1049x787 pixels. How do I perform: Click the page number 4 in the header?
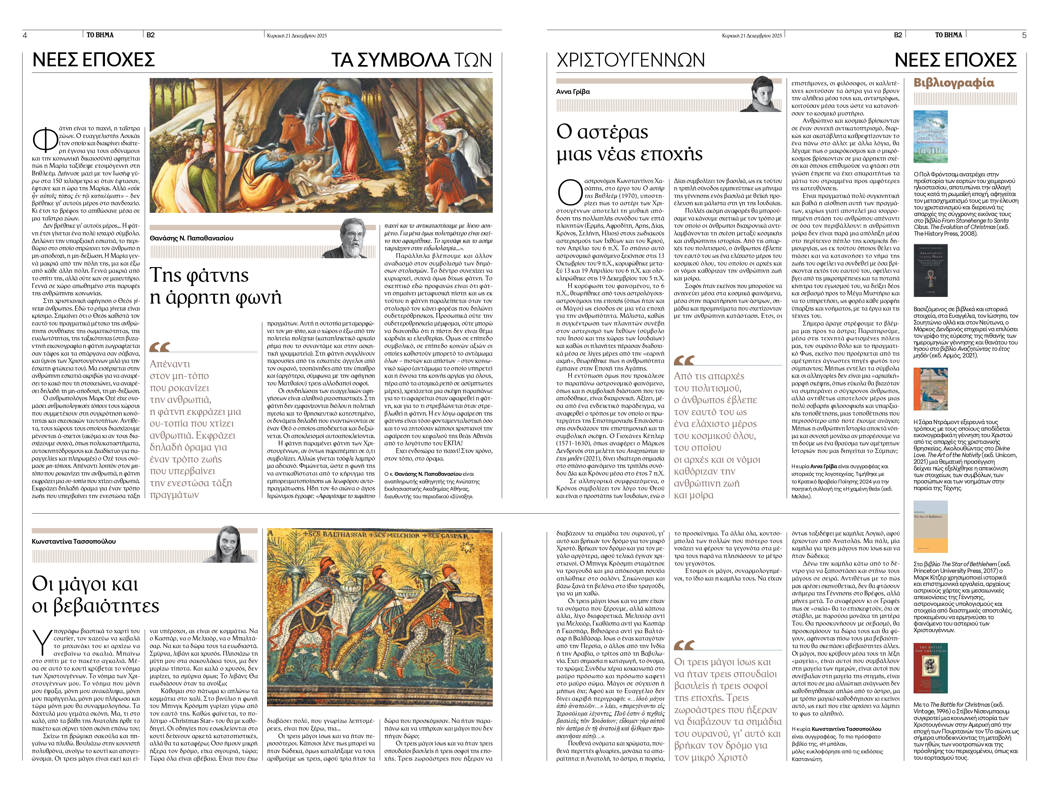25,35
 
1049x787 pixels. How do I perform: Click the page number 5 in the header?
1024,35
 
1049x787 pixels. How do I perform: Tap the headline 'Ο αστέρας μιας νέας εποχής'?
629,143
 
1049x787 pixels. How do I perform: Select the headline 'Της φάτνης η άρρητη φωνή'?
215,286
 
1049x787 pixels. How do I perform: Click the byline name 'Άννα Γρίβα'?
573,92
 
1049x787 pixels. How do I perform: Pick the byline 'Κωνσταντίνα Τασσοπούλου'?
74,541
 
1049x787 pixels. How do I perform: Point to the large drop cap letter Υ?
42,642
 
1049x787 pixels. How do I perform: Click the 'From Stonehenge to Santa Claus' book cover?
930,137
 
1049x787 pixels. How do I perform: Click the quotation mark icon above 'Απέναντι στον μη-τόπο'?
160,347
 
